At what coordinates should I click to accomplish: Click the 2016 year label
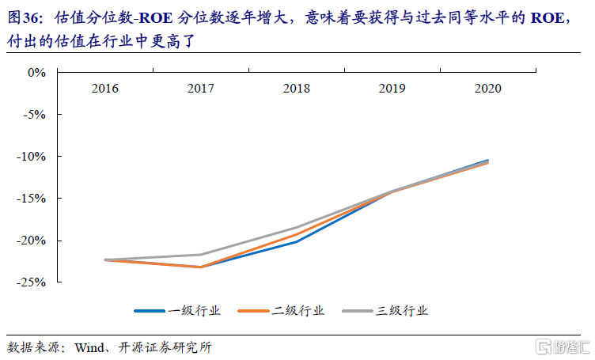click(x=105, y=89)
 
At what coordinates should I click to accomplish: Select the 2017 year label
click(x=201, y=89)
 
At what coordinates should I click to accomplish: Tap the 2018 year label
click(x=297, y=89)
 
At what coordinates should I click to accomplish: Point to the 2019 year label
click(x=392, y=89)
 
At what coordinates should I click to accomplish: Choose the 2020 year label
click(x=487, y=89)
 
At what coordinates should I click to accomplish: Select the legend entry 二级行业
click(x=297, y=311)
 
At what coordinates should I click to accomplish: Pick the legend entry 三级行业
click(x=401, y=311)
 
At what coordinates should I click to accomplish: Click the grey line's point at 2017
click(x=201, y=255)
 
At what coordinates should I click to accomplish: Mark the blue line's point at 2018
click(x=297, y=241)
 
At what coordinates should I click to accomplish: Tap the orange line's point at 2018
click(x=297, y=234)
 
